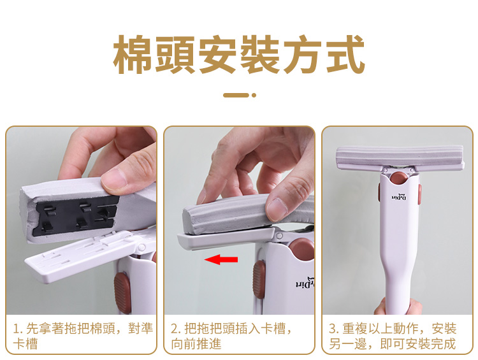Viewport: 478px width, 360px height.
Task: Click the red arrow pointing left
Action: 221,260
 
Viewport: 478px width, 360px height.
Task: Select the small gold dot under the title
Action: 254,95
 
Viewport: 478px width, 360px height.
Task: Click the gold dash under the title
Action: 236,95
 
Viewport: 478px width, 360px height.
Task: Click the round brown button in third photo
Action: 399,178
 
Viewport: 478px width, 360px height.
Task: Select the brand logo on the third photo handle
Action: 399,198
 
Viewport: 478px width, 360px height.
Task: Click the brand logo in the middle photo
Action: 305,283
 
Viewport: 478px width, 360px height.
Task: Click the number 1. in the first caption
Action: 18,329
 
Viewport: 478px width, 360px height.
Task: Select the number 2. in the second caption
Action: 176,329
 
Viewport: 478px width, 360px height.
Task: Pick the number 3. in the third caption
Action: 334,329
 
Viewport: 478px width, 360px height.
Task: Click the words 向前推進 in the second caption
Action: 196,344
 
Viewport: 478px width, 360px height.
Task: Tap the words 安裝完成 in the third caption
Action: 431,344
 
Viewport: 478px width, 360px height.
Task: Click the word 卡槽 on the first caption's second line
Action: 25,344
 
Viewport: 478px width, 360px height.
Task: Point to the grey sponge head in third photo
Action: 400,157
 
